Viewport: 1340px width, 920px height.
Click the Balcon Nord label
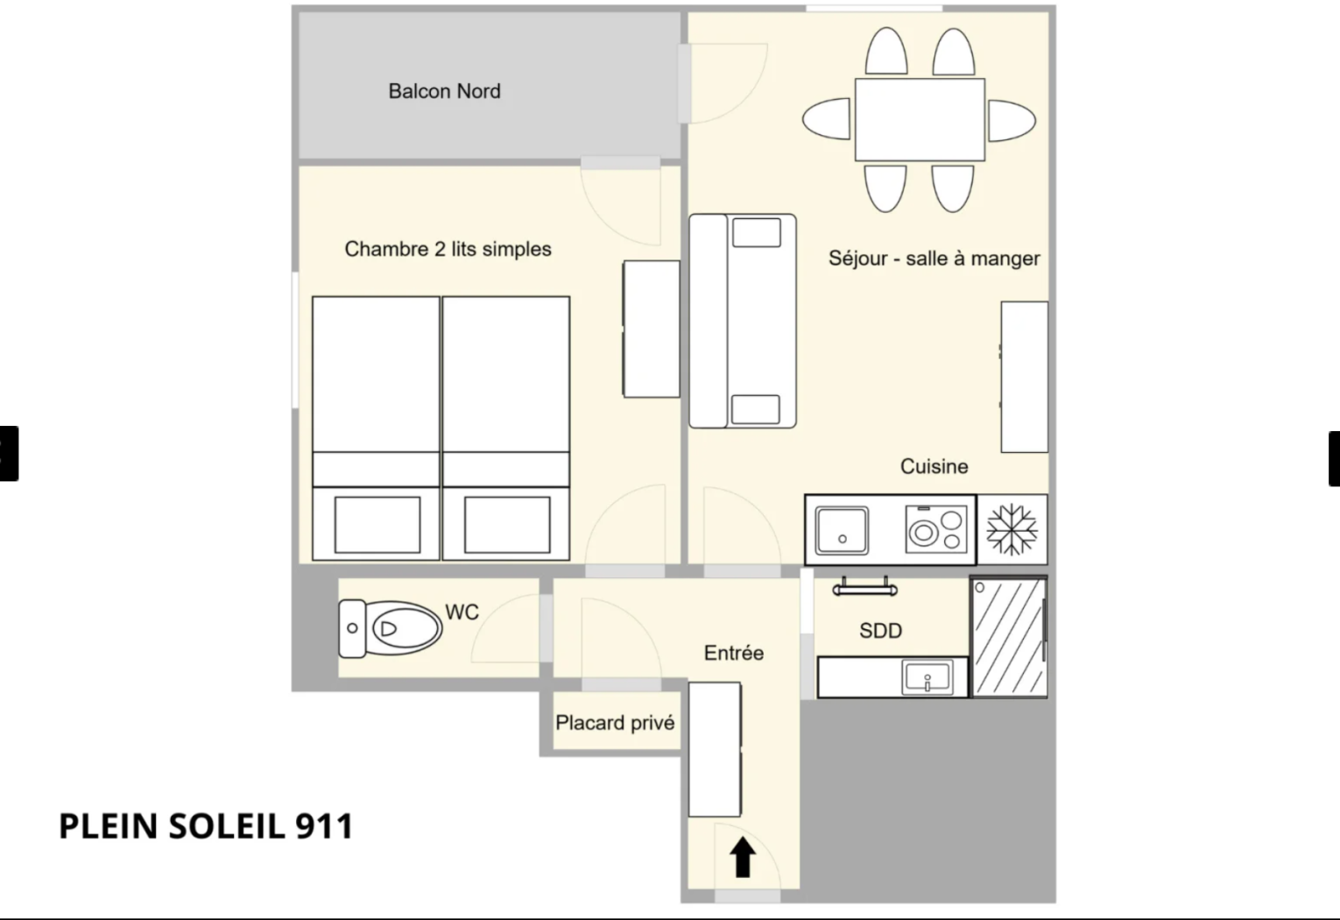[x=444, y=91]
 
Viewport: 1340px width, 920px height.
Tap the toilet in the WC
[x=390, y=628]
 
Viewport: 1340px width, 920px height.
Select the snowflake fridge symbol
[x=1012, y=530]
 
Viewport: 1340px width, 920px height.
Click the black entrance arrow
[x=743, y=857]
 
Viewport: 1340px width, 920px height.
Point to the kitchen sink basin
[x=842, y=530]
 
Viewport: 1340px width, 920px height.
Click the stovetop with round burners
[x=936, y=529]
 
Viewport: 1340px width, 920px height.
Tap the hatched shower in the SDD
[x=1009, y=637]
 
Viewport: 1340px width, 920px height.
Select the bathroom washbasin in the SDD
[x=927, y=677]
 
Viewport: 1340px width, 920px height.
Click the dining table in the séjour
[x=920, y=120]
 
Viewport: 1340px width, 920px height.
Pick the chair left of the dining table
[x=827, y=119]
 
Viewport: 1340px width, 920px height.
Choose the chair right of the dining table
[x=1012, y=120]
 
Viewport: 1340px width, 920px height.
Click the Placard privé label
[x=615, y=723]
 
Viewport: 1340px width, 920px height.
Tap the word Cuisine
[x=934, y=466]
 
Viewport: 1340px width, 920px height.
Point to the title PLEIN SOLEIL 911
[x=207, y=826]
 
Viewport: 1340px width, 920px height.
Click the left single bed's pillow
[x=377, y=525]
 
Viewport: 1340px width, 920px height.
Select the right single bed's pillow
[x=507, y=525]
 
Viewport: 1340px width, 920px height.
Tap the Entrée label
[x=734, y=653]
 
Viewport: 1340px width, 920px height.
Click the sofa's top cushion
[x=757, y=233]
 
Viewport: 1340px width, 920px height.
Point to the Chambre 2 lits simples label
[x=448, y=249]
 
